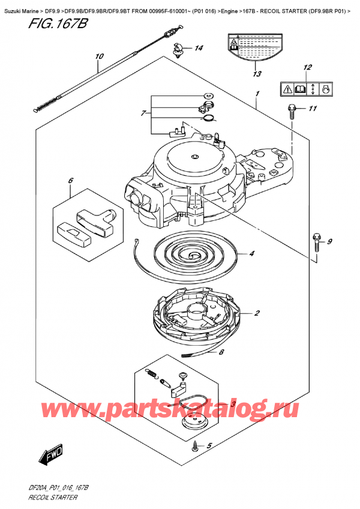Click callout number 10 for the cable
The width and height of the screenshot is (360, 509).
pos(99,57)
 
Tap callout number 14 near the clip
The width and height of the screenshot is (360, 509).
pos(199,48)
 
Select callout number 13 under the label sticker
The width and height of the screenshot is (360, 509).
pos(257,74)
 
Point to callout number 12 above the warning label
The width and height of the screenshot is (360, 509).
pos(307,67)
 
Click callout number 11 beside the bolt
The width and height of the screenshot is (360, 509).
pos(312,109)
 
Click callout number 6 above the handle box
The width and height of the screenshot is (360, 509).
pos(70,180)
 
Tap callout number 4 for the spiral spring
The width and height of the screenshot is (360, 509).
pos(252,254)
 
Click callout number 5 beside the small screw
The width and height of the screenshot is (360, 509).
pos(209,445)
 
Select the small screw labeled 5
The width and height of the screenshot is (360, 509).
pos(196,445)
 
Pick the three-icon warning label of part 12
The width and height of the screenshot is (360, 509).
pos(306,89)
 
